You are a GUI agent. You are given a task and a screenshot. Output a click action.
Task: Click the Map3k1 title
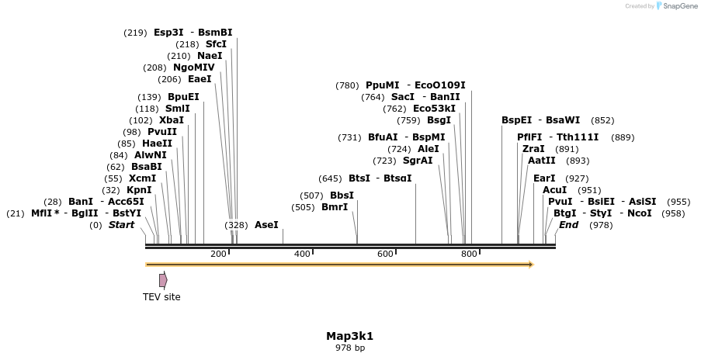[x=349, y=336]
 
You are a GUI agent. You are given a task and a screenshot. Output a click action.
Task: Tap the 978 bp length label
[x=349, y=348]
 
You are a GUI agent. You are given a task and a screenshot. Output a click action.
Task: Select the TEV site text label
[x=161, y=296]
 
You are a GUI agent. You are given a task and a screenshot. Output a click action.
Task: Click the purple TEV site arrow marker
[x=163, y=279]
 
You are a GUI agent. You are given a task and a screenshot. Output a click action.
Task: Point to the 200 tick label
[x=218, y=254]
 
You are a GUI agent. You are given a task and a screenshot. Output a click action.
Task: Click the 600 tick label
[x=385, y=254]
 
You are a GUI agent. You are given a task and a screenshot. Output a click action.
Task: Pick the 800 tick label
[x=469, y=254]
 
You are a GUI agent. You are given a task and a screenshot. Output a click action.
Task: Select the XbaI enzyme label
[x=172, y=120]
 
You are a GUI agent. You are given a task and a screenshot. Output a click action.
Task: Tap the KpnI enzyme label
[x=139, y=190]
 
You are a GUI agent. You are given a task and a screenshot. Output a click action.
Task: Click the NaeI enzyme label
[x=210, y=56]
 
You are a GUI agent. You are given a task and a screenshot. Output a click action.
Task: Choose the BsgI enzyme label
[x=439, y=120]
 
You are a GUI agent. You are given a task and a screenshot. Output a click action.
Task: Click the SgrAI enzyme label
[x=418, y=161]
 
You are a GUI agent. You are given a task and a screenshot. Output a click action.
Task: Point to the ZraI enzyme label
[x=533, y=149]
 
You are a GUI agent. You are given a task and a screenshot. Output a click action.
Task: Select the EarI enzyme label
[x=544, y=178]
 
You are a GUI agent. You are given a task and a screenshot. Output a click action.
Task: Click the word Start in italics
[x=121, y=225]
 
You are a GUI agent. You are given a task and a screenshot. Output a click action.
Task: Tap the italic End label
[x=568, y=225]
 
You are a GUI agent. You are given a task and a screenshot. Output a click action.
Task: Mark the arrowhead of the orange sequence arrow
[x=531, y=265]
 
